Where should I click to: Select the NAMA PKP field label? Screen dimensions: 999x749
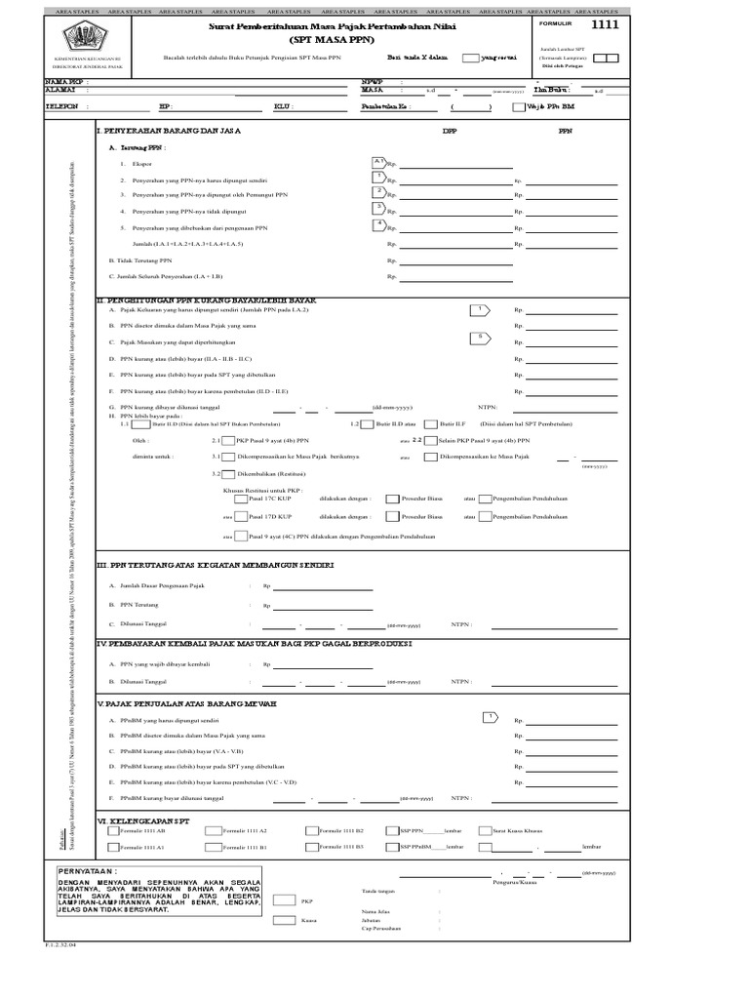[x=66, y=82]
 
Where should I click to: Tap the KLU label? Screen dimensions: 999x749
[x=283, y=107]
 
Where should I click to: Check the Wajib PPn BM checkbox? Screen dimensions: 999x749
[x=517, y=107]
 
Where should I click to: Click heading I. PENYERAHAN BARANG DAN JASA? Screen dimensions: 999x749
[x=170, y=130]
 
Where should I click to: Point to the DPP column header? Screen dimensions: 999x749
[x=450, y=130]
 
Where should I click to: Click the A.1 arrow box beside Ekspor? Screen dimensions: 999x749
[x=379, y=161]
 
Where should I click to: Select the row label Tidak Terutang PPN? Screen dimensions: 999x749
[x=140, y=260]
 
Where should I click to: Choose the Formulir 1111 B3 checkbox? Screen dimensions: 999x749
[x=311, y=848]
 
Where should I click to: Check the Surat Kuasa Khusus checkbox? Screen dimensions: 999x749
[x=485, y=831]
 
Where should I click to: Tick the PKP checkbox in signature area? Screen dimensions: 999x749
[x=285, y=900]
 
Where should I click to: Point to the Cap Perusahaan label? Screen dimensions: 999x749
[x=381, y=929]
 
